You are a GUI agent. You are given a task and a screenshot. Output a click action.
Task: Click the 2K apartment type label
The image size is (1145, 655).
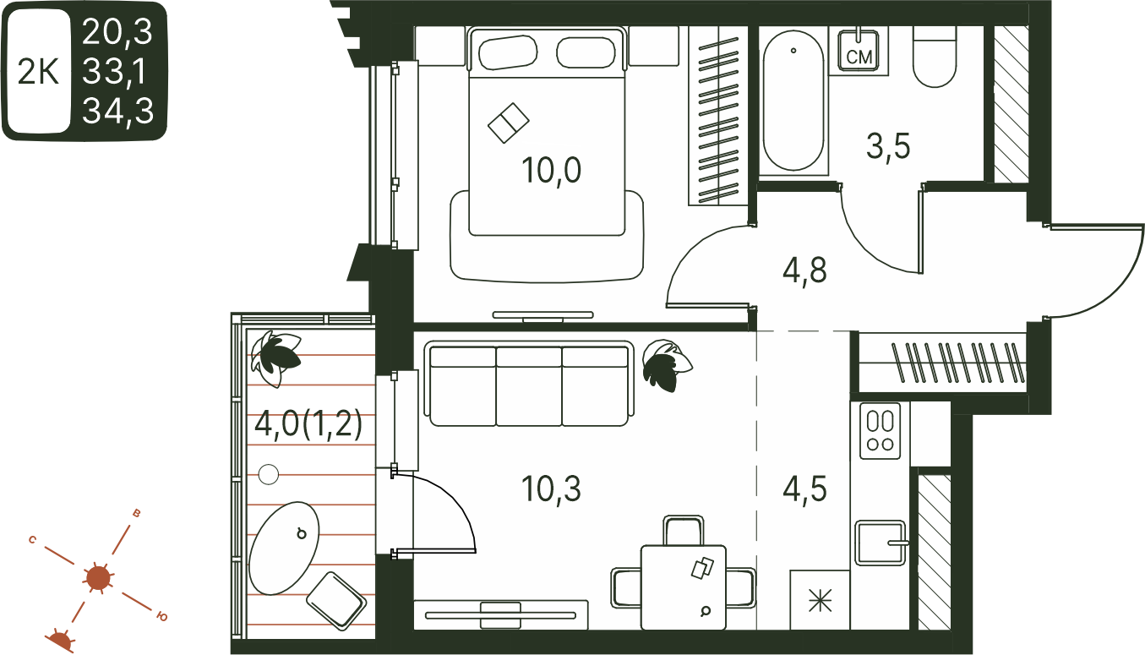point(38,72)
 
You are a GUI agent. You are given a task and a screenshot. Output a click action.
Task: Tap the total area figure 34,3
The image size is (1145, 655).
point(117,111)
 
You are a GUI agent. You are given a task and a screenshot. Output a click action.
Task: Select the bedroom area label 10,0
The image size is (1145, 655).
point(551,170)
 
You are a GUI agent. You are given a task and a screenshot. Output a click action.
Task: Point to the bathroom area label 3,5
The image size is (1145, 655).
point(888,146)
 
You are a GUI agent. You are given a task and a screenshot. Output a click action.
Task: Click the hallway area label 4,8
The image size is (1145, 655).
point(804,270)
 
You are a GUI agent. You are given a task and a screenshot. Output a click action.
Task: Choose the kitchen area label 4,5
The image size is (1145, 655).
point(804,489)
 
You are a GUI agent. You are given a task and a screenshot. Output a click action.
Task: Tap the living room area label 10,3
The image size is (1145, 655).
point(551,489)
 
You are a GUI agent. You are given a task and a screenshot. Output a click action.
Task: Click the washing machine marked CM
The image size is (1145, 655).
point(859,50)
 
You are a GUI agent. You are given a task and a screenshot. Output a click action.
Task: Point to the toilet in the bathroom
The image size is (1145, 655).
point(935,57)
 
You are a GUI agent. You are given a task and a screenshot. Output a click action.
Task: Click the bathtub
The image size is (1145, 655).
point(793,101)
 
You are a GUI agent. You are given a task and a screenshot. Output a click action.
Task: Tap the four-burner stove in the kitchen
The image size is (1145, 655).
point(881,431)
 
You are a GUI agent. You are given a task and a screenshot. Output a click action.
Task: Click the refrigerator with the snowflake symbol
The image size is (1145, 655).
point(820,600)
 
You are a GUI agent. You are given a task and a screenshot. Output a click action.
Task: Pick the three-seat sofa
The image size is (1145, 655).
point(529,385)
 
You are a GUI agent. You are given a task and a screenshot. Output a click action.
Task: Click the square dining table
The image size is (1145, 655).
point(684,587)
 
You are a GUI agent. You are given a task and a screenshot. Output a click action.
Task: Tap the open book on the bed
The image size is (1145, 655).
point(509,123)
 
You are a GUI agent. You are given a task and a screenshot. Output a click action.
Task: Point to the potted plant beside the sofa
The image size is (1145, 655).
point(667,364)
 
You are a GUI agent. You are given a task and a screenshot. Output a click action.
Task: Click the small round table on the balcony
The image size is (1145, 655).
point(269,474)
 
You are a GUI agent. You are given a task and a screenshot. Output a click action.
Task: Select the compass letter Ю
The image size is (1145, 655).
point(162,616)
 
